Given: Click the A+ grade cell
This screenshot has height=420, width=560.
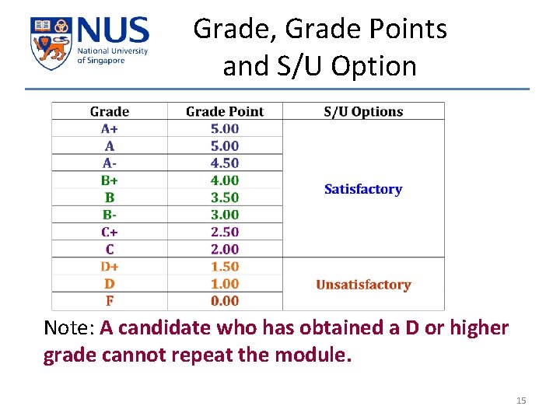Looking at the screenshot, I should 110,129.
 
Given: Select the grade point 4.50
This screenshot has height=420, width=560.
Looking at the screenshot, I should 225,163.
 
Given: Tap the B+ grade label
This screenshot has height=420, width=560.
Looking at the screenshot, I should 110,180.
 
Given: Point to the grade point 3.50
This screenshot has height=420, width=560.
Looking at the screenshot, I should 225,198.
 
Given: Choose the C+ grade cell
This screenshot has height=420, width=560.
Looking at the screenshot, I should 110,232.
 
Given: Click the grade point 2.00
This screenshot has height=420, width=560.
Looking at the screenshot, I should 225,250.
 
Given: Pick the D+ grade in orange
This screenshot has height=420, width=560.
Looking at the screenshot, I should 110,267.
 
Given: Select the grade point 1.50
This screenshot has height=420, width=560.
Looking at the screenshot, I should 225,267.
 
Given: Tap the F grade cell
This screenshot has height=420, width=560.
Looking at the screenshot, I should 110,301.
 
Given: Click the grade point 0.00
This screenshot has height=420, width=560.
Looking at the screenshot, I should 225,301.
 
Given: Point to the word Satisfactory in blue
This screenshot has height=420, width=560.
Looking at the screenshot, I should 363,189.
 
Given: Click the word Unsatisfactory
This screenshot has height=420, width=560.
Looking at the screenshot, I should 363,285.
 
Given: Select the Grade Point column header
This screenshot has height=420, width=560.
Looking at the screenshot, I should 225,112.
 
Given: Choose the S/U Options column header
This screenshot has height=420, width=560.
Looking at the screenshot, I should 363,112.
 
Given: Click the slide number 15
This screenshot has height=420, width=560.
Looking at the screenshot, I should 521,401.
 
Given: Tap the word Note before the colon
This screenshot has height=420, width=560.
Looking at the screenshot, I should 68,328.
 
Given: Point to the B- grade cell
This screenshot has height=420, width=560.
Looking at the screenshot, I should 110,215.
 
